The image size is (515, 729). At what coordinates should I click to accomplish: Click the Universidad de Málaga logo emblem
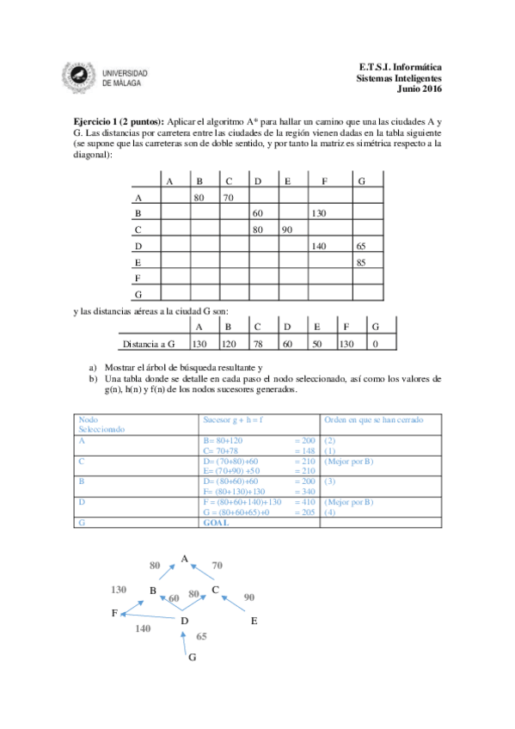pos(81,77)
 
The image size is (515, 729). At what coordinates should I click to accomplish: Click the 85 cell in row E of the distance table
pos(361,262)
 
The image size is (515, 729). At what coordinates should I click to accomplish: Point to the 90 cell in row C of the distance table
pos(287,230)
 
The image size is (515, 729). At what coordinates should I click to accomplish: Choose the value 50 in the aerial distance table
pos(316,344)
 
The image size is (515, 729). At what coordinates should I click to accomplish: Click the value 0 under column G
pos(375,344)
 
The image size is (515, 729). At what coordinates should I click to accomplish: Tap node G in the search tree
pos(192,658)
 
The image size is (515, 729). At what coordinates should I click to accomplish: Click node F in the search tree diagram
pos(114,613)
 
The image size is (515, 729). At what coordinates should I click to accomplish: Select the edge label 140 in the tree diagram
pos(143,629)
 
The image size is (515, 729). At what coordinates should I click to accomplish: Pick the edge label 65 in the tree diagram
pos(202,637)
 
